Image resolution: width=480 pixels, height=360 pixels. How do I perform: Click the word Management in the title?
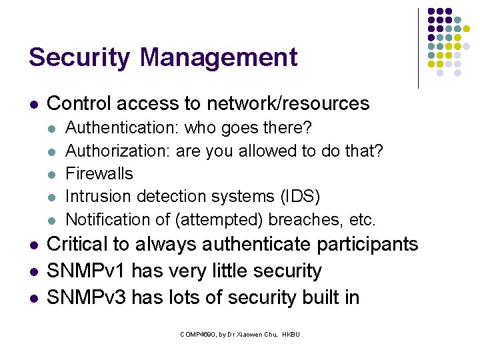tap(219, 57)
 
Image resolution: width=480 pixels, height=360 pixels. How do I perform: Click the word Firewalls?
tap(99, 173)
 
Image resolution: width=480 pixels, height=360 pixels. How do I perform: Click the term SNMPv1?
tap(87, 271)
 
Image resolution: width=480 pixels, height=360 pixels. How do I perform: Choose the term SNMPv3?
tap(87, 297)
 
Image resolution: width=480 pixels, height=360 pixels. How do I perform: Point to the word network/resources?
tap(288, 103)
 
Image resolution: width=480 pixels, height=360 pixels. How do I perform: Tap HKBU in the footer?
tap(291, 333)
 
